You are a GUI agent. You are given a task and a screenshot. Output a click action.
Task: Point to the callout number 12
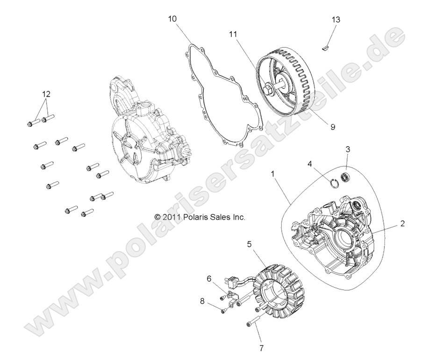[46, 93]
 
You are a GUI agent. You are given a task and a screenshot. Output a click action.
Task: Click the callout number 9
[332, 126]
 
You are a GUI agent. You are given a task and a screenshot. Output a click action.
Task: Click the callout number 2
[402, 223]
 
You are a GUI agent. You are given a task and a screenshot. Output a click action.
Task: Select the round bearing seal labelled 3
[346, 178]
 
